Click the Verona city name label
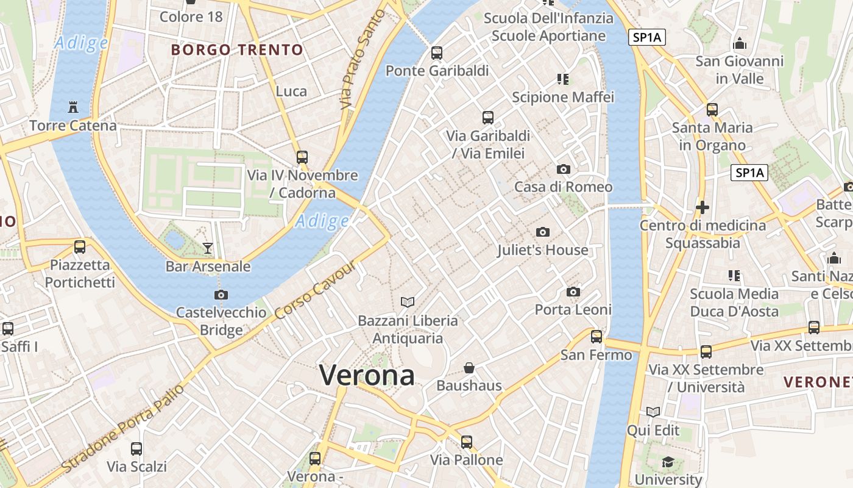click(367, 375)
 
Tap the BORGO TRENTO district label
click(237, 50)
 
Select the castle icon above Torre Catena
click(73, 108)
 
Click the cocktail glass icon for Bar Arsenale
click(208, 248)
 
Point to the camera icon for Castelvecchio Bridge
click(221, 295)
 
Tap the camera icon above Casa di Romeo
click(564, 169)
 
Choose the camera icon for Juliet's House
click(542, 232)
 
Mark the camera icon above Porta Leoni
click(573, 292)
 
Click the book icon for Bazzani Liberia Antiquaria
click(408, 302)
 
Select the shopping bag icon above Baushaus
click(469, 368)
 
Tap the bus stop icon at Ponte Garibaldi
click(437, 52)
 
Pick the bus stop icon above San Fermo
click(596, 336)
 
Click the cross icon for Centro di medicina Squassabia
click(703, 207)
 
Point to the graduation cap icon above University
click(668, 462)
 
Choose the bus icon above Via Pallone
click(467, 442)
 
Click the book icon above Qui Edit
click(653, 412)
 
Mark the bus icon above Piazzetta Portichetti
click(80, 247)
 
